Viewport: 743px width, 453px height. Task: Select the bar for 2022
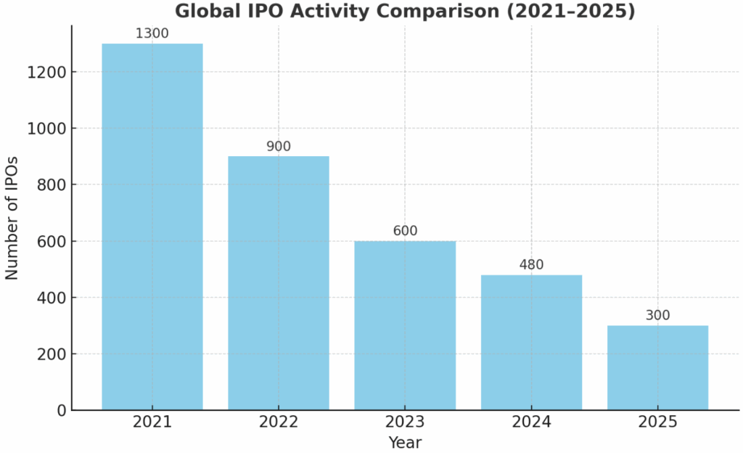(278, 283)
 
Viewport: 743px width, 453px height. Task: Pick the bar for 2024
(531, 342)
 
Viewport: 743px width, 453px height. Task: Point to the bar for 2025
(657, 367)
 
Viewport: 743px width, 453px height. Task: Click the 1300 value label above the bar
(152, 33)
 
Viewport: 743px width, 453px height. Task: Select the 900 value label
(278, 146)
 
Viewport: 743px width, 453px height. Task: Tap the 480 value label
(531, 265)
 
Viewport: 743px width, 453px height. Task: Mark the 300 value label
(657, 315)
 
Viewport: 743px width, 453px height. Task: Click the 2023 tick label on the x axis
(405, 422)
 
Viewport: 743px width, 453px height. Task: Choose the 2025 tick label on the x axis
(657, 422)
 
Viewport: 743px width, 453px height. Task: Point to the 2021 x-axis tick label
(152, 422)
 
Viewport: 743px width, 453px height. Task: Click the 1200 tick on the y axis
(47, 73)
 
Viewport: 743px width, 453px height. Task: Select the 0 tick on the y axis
(61, 411)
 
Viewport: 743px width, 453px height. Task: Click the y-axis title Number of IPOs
(12, 218)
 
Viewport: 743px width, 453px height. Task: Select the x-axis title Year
(405, 442)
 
